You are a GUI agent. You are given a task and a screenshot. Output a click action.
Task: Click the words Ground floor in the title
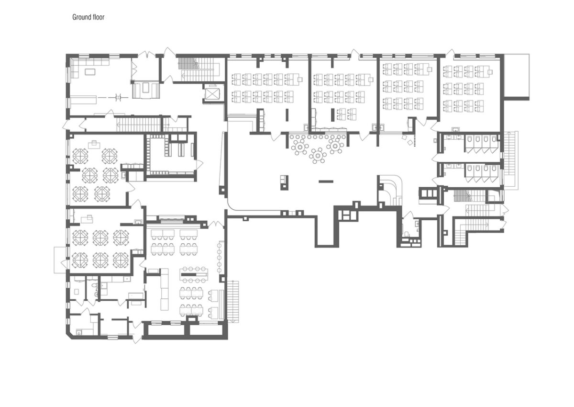(88, 17)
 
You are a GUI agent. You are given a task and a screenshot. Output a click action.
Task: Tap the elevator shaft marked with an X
(211, 93)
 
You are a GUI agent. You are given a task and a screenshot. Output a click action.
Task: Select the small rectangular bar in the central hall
(326, 181)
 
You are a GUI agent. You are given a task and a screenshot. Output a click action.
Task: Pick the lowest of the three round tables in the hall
(318, 156)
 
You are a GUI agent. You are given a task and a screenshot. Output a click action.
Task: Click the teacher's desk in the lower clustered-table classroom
(87, 219)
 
